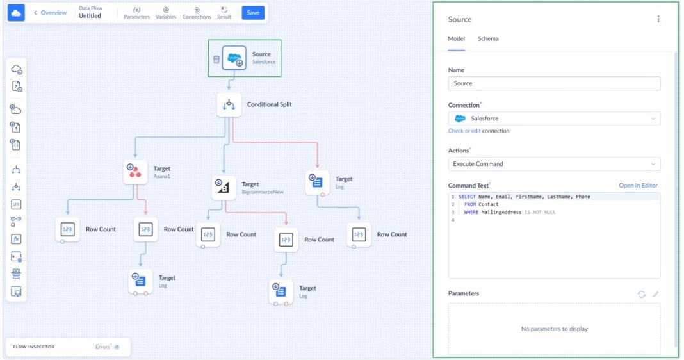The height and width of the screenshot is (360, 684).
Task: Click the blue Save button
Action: (252, 13)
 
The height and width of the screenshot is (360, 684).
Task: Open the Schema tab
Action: (487, 39)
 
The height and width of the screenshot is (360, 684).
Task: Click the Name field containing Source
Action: (554, 83)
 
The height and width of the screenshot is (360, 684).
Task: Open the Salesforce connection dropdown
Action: (554, 119)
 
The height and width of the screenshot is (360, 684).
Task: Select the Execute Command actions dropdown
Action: (554, 164)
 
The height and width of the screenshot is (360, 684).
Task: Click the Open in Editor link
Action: (637, 186)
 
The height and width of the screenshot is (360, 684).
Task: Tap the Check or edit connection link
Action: (478, 131)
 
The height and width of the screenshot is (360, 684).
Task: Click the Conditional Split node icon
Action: (229, 104)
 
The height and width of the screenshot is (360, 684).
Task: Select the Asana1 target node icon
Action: (135, 172)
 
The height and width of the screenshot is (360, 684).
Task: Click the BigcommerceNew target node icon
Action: (224, 187)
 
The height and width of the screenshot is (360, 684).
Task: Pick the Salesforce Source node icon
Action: (234, 58)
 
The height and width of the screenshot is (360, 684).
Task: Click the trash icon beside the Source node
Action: (216, 59)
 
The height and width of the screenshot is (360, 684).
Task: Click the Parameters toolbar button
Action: (136, 13)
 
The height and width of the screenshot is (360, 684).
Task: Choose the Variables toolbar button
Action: (166, 13)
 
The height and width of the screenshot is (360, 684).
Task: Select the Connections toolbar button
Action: (197, 13)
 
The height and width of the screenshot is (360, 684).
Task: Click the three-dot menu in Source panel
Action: (658, 19)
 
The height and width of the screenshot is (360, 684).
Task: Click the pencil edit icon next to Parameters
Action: (655, 294)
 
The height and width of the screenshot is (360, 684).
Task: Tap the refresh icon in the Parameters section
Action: (641, 294)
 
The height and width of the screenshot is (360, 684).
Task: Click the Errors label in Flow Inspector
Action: (103, 347)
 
